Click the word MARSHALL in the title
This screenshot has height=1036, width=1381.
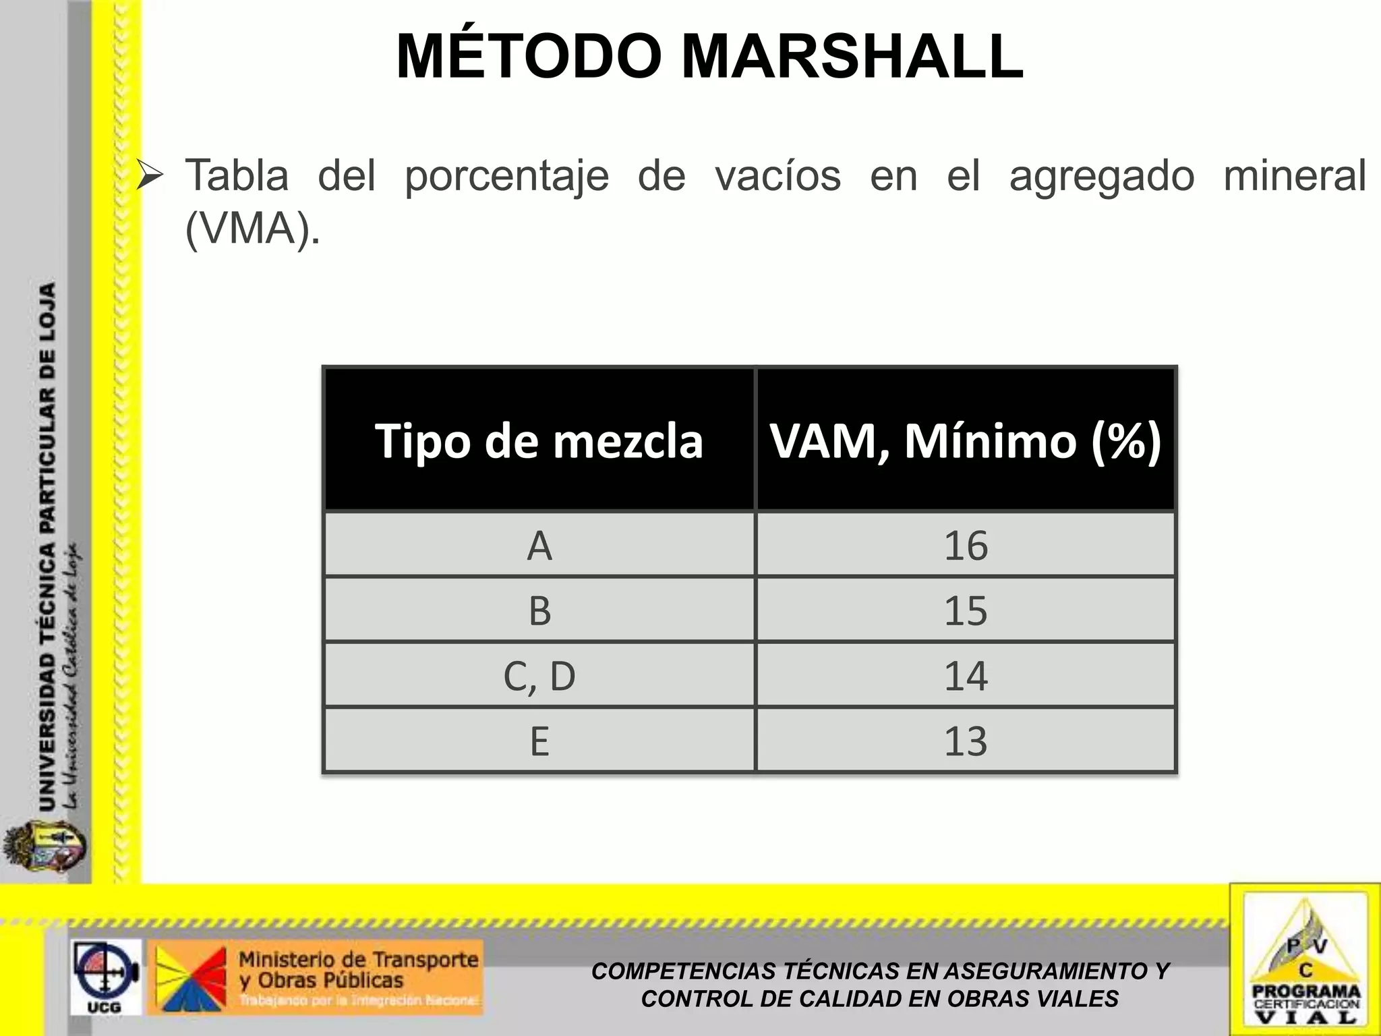852,57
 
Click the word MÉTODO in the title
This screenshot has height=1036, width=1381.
529,57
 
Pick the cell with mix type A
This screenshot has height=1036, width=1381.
539,546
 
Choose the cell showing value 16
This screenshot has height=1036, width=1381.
966,546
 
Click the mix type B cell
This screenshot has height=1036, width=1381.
539,610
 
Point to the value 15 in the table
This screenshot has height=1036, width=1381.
966,610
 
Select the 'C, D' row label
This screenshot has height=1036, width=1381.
539,676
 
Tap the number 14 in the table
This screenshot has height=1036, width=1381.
966,676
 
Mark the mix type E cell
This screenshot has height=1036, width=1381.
539,741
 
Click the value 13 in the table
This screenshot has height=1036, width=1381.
966,741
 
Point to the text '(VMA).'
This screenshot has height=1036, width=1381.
252,229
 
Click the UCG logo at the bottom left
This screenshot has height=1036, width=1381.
105,976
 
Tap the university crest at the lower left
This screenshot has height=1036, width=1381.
45,848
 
